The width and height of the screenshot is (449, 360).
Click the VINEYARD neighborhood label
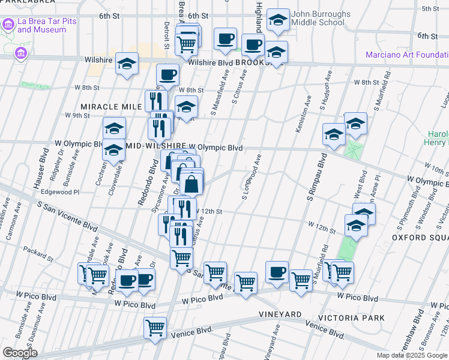click(x=280, y=314)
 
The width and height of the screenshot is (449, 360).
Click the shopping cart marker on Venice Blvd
click(x=155, y=328)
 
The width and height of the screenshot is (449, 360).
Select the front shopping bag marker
click(x=191, y=184)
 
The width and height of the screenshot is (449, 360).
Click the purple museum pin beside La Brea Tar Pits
click(x=8, y=25)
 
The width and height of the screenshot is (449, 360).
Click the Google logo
click(x=19, y=352)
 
